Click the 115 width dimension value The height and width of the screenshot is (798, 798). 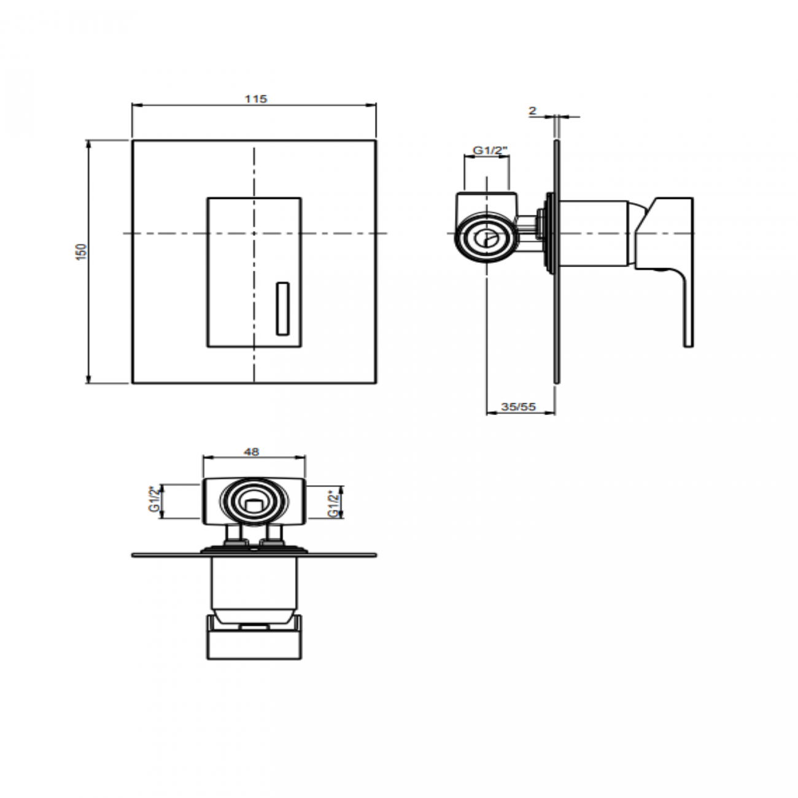(256, 99)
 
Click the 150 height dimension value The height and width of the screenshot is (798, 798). (82, 252)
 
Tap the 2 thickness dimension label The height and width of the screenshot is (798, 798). (532, 110)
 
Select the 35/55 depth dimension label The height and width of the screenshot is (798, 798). (519, 406)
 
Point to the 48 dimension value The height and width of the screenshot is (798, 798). (251, 451)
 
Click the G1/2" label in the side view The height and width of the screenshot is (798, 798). (490, 150)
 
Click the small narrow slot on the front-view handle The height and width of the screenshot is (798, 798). (282, 309)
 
